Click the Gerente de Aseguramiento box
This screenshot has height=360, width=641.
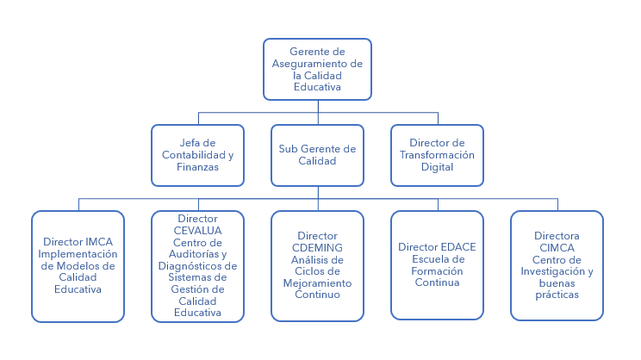tap(317, 69)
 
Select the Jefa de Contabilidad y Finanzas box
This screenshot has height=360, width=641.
tap(198, 155)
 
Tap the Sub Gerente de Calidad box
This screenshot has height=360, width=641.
tap(317, 155)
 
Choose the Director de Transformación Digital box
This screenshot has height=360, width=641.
tap(437, 155)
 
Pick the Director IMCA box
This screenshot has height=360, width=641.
tap(78, 266)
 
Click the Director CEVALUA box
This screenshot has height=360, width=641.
tap(197, 266)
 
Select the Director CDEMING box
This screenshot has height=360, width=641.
tap(317, 266)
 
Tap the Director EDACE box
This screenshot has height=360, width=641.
tap(437, 266)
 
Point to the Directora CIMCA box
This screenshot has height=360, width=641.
tap(557, 266)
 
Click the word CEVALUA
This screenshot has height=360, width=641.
tap(197, 230)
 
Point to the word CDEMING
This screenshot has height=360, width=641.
tap(317, 247)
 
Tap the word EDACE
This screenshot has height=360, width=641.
tap(457, 247)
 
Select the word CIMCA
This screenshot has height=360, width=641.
tap(557, 248)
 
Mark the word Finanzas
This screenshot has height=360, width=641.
tap(198, 167)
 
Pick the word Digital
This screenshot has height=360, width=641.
tap(437, 167)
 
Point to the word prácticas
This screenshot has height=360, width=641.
tap(557, 295)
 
